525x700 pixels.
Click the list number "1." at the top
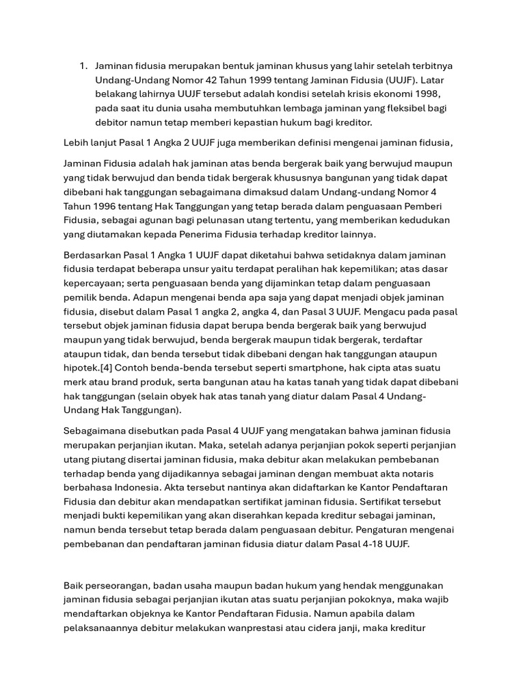pyautogui.click(x=83, y=66)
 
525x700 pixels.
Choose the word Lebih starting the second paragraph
pyautogui.click(x=77, y=142)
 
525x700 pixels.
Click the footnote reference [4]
pyautogui.click(x=110, y=368)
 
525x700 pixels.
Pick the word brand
pyautogui.click(x=131, y=381)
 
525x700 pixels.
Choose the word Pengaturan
pyautogui.click(x=407, y=530)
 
